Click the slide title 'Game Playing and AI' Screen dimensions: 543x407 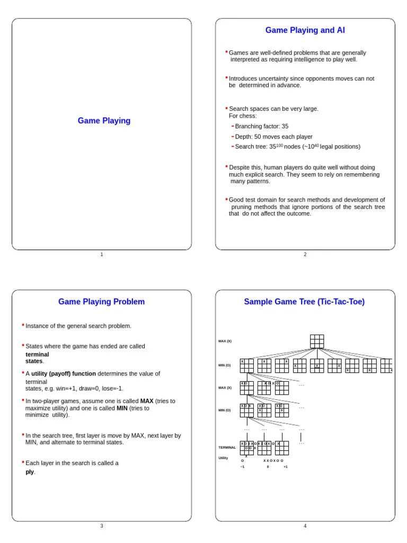pos(305,30)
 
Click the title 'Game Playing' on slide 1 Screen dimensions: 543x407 pos(104,121)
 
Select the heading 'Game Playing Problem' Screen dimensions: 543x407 pos(101,302)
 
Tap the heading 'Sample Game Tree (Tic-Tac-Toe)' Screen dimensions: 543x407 pos(304,302)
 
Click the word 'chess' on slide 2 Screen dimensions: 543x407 pos(249,116)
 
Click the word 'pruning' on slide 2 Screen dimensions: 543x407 pos(242,207)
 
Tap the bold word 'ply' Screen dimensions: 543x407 pos(30,472)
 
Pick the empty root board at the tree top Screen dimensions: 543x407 pos(317,341)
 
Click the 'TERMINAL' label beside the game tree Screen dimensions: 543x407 pos(227,448)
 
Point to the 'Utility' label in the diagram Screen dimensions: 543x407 pos(223,458)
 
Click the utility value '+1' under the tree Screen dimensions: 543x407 pos(285,467)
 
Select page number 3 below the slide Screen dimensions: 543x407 pos(102,526)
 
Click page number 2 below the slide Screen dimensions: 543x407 pos(305,255)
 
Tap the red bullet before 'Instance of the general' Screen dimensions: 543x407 pos(23,325)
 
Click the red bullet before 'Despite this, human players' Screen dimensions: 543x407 pos(226,166)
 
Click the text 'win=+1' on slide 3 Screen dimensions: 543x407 pos(67,389)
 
